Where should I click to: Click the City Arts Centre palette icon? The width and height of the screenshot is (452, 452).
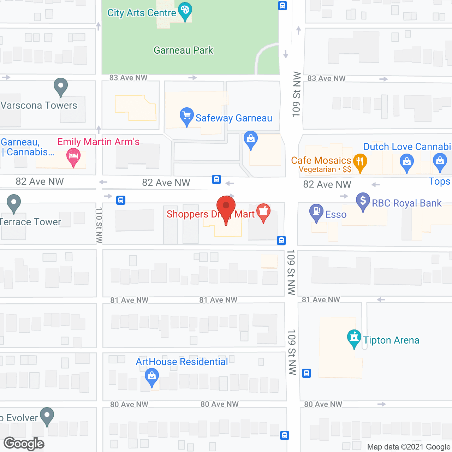[x=185, y=11]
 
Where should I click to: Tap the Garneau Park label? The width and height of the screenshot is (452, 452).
[x=183, y=50]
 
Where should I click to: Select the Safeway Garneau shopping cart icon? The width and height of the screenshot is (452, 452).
[x=186, y=115]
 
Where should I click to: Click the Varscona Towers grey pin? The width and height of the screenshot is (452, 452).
[x=61, y=86]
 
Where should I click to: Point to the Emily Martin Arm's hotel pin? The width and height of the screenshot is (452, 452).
[x=73, y=156]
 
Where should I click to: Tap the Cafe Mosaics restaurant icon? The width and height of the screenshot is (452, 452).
[x=360, y=162]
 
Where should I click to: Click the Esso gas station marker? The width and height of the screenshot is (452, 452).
[x=316, y=212]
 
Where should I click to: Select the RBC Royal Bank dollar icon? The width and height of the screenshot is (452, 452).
[x=363, y=201]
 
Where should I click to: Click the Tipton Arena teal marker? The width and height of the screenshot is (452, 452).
[x=354, y=338]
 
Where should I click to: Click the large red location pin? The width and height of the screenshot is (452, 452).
[x=226, y=206]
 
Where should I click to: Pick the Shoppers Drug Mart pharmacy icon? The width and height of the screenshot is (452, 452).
[x=263, y=212]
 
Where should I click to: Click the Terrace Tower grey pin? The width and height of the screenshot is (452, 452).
[x=14, y=203]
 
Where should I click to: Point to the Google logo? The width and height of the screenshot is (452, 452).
[x=24, y=444]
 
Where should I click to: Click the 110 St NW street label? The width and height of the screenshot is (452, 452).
[x=99, y=225]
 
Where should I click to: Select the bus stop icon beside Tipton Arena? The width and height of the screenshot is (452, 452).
[x=307, y=373]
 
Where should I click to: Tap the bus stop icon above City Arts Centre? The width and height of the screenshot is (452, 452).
[x=282, y=6]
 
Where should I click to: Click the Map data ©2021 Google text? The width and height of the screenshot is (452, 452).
[x=409, y=447]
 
